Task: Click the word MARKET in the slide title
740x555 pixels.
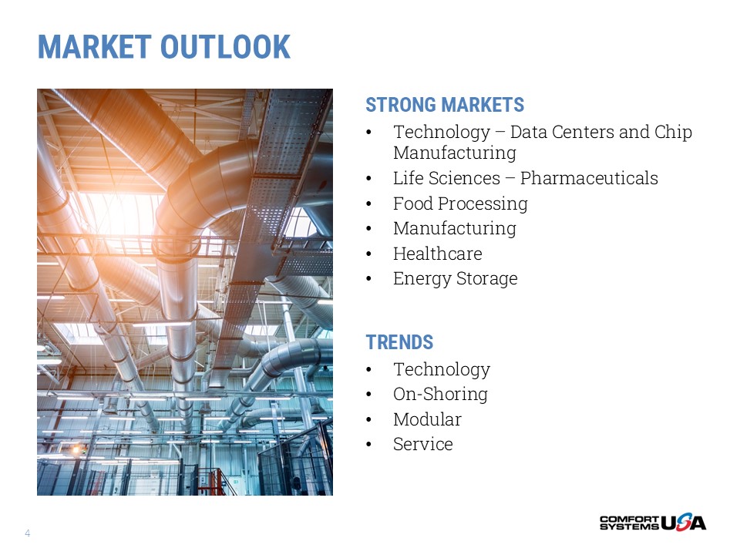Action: pos(94,47)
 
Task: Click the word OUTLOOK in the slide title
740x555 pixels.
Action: pos(225,47)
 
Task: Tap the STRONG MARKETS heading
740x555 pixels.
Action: pos(445,105)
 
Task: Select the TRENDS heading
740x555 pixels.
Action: pos(399,342)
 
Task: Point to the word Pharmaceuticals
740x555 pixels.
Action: pos(589,178)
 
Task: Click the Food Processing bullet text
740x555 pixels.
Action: pos(460,203)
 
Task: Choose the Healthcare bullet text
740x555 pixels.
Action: pos(438,254)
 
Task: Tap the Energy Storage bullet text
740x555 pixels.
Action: pos(455,278)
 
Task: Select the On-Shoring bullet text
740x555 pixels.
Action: pos(440,394)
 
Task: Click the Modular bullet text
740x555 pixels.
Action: pos(427,419)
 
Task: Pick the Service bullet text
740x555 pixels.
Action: pos(423,444)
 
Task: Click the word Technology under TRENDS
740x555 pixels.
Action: pos(442,369)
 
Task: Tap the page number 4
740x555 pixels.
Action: pos(28,533)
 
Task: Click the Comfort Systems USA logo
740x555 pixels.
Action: pos(653,522)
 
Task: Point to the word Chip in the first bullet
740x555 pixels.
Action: pos(673,132)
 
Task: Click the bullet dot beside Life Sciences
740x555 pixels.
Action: pos(368,179)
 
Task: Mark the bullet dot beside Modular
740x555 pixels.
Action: pos(368,420)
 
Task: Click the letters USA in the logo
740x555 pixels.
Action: pos(684,522)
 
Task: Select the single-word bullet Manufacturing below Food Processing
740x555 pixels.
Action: pos(455,228)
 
